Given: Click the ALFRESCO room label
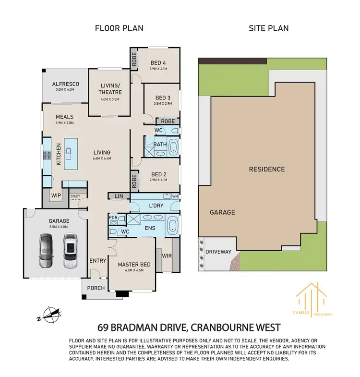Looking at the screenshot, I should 66,84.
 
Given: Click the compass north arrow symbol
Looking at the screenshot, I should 52,315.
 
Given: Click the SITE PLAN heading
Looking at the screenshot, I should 268,28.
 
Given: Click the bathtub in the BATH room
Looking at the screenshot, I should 173,147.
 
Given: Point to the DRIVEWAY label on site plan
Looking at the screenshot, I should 218,252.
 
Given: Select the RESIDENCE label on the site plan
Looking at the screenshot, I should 266,169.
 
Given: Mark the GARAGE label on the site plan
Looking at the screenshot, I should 222,212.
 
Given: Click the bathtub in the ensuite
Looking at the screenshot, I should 173,224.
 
